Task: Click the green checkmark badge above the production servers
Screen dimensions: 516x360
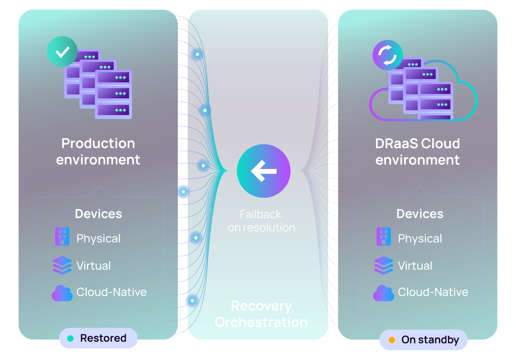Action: [x=62, y=52]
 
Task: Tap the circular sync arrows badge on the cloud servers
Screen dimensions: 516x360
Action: [x=388, y=55]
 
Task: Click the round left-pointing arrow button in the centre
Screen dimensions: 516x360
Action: [x=263, y=171]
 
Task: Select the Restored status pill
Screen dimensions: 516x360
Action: [x=98, y=338]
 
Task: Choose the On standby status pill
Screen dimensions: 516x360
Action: [x=423, y=340]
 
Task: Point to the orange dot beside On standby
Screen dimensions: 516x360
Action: [x=392, y=340]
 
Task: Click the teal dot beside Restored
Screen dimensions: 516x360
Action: [x=70, y=338]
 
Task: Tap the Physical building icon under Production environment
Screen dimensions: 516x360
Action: [x=62, y=237]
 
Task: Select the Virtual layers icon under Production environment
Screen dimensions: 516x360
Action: [x=62, y=265]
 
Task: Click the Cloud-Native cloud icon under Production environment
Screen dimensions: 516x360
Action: [x=62, y=293]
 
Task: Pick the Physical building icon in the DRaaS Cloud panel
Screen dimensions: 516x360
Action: [x=384, y=237]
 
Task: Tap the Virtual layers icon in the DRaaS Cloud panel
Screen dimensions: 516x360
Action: [x=384, y=265]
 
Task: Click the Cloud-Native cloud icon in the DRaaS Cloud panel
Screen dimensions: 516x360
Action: [x=384, y=293]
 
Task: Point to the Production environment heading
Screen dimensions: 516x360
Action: [x=98, y=152]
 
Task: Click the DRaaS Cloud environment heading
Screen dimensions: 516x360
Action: [x=417, y=152]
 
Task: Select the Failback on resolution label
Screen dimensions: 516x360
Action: [x=261, y=221]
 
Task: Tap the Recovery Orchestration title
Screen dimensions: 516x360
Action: [x=261, y=314]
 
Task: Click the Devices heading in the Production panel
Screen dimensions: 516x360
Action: [x=98, y=214]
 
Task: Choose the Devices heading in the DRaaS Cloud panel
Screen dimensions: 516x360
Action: [x=420, y=214]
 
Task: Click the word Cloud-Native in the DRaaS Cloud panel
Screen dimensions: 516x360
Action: [x=433, y=292]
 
